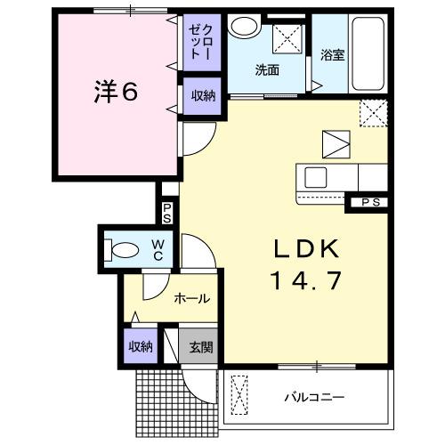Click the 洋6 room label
click(116, 93)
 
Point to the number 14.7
click(303, 280)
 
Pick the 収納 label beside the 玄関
click(140, 346)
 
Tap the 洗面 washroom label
click(266, 71)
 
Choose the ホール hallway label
click(191, 298)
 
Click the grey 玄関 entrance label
click(200, 347)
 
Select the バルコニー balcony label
click(314, 395)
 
